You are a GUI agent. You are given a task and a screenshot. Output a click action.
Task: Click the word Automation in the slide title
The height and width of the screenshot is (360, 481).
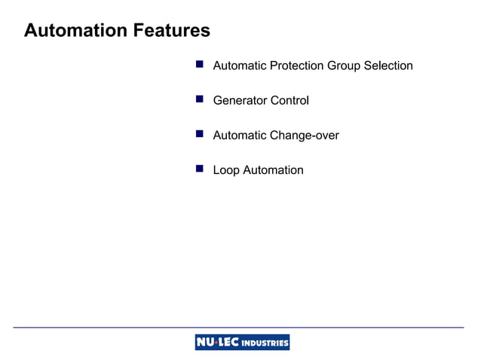tap(75, 31)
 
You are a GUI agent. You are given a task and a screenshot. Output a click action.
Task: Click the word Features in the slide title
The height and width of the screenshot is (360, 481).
tap(171, 31)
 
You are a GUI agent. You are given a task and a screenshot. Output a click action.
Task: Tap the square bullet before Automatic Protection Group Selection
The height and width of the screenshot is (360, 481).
tap(200, 65)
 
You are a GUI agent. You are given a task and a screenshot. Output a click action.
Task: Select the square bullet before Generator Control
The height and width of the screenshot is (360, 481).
tap(200, 99)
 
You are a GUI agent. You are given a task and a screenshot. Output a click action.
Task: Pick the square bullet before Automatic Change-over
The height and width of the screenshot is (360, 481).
tap(200, 134)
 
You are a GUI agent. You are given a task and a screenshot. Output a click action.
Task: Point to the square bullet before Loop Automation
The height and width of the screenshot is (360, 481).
tap(200, 169)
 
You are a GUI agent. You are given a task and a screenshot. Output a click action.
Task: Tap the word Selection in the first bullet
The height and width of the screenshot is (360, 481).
tap(388, 66)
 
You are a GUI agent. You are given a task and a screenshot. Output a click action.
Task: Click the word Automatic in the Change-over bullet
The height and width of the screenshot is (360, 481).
tap(240, 136)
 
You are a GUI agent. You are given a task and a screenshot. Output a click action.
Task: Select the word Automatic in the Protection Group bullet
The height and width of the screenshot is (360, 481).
tap(240, 66)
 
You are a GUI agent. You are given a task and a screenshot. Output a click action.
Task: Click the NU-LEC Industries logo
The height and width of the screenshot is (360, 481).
tap(242, 343)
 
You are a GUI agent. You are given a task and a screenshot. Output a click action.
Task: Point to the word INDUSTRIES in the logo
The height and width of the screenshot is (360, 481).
tap(265, 343)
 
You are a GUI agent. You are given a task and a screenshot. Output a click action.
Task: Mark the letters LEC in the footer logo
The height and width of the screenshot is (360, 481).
tap(228, 343)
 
